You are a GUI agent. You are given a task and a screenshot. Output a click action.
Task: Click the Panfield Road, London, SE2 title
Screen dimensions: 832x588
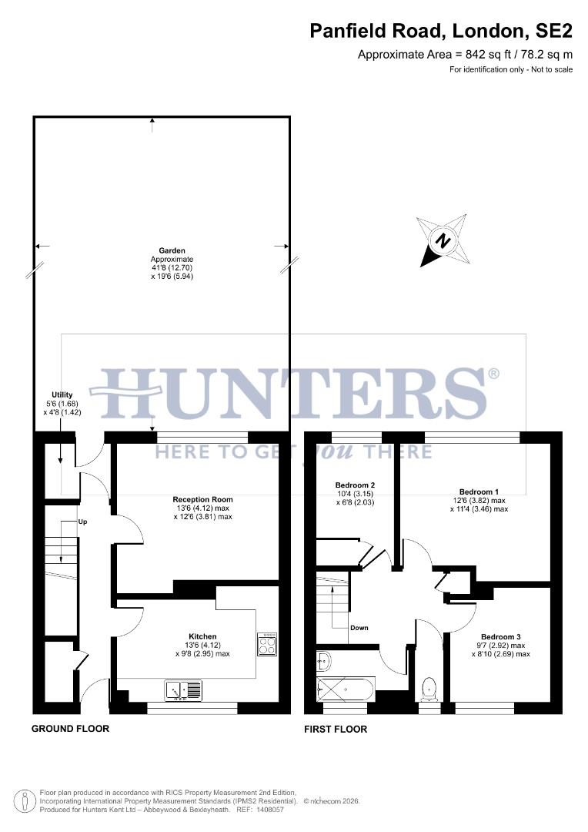click(x=441, y=31)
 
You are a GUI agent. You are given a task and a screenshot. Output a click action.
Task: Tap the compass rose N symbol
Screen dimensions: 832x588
click(x=443, y=241)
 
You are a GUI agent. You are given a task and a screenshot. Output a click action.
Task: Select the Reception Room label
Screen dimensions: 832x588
click(x=202, y=500)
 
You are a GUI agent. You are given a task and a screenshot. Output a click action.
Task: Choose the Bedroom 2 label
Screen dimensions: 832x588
click(x=355, y=485)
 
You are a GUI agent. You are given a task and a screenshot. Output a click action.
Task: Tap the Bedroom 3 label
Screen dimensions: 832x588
click(x=500, y=636)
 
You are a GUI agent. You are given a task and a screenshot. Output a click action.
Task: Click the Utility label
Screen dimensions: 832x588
click(x=62, y=394)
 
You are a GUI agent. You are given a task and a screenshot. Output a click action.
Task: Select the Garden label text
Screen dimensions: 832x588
click(x=172, y=250)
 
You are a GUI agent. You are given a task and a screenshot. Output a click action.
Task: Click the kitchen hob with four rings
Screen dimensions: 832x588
click(x=267, y=644)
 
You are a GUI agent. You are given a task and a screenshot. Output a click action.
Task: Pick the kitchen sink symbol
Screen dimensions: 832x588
click(x=183, y=688)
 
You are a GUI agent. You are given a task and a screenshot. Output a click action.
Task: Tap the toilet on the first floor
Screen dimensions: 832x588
click(x=429, y=688)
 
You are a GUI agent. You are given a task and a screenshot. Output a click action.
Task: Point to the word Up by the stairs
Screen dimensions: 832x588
click(x=83, y=522)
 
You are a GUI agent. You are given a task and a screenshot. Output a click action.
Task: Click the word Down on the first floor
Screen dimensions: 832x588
click(x=359, y=628)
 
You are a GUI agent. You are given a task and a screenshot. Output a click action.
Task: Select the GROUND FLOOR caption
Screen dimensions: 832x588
click(x=70, y=729)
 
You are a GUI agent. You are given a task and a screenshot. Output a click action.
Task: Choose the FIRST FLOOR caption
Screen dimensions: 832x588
click(x=336, y=729)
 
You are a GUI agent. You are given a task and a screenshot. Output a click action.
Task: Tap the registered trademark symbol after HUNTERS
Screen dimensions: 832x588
click(x=493, y=374)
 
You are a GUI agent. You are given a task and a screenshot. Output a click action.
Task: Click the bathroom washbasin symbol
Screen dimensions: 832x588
click(x=323, y=660)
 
